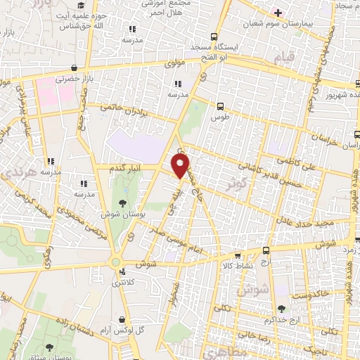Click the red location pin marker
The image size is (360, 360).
[x=181, y=165]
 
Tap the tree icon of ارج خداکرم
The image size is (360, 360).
[x=282, y=309]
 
